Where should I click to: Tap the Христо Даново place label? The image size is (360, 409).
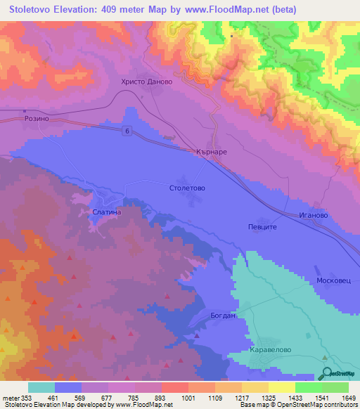147,82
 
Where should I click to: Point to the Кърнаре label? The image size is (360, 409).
211,152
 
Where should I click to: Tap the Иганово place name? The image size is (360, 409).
313,215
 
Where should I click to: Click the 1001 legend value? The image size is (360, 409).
188,397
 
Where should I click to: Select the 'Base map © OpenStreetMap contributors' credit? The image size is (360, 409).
297,405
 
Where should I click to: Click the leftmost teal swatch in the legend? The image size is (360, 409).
41,387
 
